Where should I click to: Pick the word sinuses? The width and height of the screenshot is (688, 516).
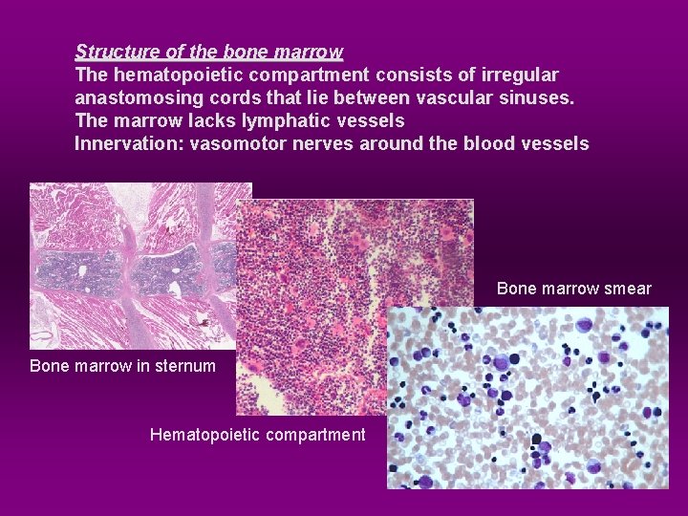(x=537, y=97)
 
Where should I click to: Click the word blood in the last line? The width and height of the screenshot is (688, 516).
(x=489, y=144)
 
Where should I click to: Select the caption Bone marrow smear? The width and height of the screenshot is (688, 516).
(x=574, y=289)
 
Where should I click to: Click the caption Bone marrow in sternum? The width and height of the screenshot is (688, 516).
(x=122, y=366)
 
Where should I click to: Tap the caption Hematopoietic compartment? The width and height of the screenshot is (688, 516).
(x=257, y=436)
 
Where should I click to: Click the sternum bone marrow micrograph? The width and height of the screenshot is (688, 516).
(x=134, y=265)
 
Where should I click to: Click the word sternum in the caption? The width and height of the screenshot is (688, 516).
(x=186, y=366)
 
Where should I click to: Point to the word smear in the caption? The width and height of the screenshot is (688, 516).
(x=630, y=289)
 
